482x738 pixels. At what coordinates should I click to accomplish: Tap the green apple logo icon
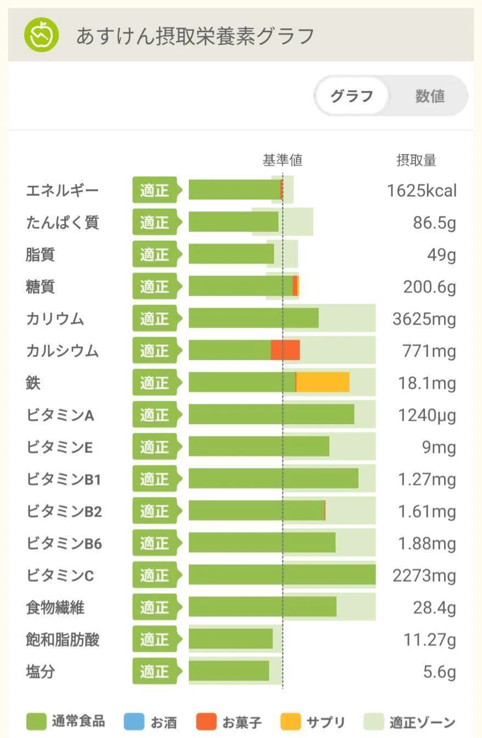pyautogui.click(x=41, y=35)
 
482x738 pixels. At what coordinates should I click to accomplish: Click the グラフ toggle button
pyautogui.click(x=352, y=96)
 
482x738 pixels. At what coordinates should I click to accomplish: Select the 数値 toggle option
pyautogui.click(x=429, y=96)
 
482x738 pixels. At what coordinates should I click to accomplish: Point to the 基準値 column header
pyautogui.click(x=282, y=160)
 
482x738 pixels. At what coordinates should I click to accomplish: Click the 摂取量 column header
pyautogui.click(x=416, y=160)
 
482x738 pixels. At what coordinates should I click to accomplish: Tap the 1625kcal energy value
pyautogui.click(x=422, y=190)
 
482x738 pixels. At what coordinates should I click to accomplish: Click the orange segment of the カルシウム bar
pyautogui.click(x=285, y=350)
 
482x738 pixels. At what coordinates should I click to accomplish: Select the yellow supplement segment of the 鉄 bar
pyautogui.click(x=323, y=382)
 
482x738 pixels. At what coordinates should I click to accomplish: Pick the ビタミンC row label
pyautogui.click(x=60, y=575)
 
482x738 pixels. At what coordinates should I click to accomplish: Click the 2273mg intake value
pyautogui.click(x=424, y=575)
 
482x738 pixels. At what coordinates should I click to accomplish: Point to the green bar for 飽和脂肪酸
pyautogui.click(x=231, y=639)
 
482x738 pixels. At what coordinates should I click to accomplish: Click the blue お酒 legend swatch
pyautogui.click(x=134, y=721)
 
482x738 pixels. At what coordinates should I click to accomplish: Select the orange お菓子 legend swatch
pyautogui.click(x=206, y=721)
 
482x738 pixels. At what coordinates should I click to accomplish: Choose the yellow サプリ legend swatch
pyautogui.click(x=290, y=721)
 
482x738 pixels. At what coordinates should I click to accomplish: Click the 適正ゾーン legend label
pyautogui.click(x=422, y=722)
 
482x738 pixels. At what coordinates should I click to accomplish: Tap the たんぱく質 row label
pyautogui.click(x=63, y=223)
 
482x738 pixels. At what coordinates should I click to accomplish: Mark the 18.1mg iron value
pyautogui.click(x=427, y=383)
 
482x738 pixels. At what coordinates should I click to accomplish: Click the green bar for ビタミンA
pyautogui.click(x=272, y=414)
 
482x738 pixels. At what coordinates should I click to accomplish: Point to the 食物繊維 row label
pyautogui.click(x=55, y=607)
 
